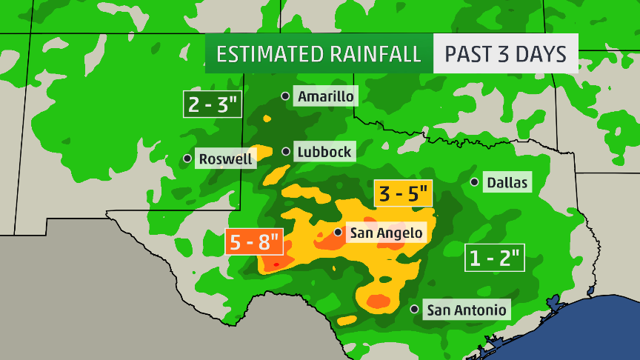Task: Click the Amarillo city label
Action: tap(326, 96)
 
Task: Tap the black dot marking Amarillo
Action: tap(285, 96)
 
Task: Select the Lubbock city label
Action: tap(324, 152)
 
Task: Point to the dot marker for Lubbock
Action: tap(286, 151)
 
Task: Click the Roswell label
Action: tap(225, 159)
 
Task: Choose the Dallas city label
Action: tap(507, 182)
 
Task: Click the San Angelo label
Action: tap(386, 233)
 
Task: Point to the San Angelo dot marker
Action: tap(338, 232)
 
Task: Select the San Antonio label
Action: tap(467, 310)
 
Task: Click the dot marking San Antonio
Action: tap(414, 309)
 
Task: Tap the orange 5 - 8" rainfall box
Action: tap(254, 241)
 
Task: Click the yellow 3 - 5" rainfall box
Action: tap(403, 194)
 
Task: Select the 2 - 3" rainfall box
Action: tap(213, 104)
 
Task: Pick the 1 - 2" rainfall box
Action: tap(495, 258)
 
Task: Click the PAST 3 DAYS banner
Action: tap(505, 54)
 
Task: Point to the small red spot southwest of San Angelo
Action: tap(276, 264)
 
